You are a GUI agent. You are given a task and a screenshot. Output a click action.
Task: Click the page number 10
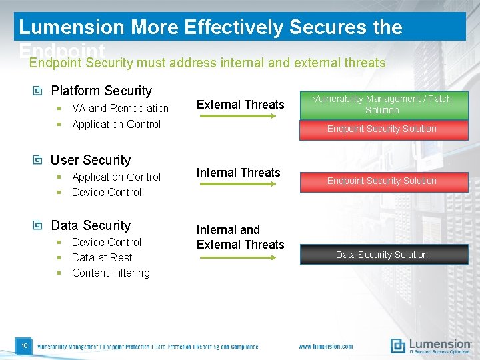click(x=23, y=345)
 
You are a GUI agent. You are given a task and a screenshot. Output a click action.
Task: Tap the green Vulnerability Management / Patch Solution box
click(x=382, y=105)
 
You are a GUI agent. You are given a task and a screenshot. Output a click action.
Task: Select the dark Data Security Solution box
click(x=382, y=255)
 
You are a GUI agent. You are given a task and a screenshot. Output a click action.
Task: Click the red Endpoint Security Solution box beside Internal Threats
click(x=382, y=181)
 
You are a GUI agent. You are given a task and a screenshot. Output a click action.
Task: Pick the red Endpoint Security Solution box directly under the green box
click(x=382, y=129)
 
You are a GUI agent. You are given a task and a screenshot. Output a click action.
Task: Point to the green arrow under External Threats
click(x=238, y=116)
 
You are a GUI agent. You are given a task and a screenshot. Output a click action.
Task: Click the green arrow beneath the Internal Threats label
click(x=238, y=184)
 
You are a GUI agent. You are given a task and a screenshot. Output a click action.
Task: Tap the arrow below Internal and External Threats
click(x=238, y=257)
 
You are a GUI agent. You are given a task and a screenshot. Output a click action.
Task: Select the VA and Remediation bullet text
click(x=120, y=108)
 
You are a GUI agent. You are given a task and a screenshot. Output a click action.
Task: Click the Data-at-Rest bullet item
click(x=102, y=257)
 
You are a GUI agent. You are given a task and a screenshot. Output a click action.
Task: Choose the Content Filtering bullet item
click(x=111, y=273)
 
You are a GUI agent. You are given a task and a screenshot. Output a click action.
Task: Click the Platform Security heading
click(x=101, y=91)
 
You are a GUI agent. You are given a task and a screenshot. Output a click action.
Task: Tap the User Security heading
click(x=91, y=160)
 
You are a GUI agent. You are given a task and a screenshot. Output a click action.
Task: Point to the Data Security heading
click(x=91, y=225)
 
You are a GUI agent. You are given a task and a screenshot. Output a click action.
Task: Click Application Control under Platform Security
click(x=116, y=124)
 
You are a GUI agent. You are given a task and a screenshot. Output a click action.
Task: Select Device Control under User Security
click(x=107, y=192)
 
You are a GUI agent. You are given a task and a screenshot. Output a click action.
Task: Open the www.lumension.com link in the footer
click(x=325, y=347)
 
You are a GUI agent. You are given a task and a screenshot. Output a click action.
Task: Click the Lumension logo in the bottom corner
click(x=430, y=345)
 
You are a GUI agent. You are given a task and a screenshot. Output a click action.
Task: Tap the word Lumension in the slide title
click(x=71, y=27)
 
